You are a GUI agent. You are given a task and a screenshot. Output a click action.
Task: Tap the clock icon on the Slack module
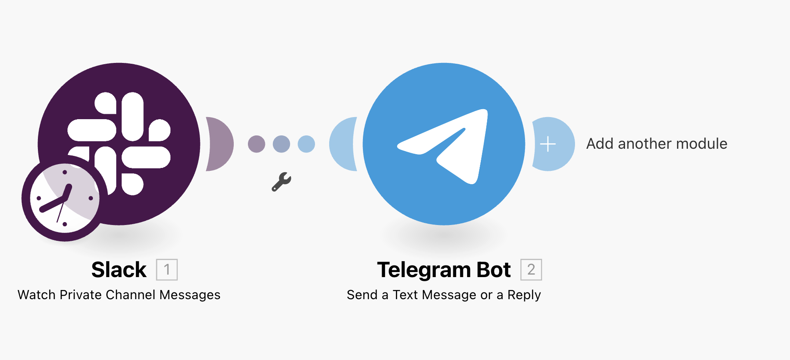[65, 198]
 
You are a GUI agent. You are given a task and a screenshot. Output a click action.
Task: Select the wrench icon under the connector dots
[281, 182]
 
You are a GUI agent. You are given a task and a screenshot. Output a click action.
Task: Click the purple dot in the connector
[256, 144]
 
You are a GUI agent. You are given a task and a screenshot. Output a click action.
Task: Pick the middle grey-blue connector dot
[281, 144]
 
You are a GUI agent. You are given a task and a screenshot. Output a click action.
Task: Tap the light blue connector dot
[306, 144]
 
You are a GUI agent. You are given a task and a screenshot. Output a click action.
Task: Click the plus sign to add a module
[548, 144]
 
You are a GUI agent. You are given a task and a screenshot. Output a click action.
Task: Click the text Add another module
[657, 144]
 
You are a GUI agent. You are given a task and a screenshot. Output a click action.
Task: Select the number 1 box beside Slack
[167, 270]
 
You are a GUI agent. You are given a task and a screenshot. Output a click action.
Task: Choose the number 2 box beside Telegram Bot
[531, 270]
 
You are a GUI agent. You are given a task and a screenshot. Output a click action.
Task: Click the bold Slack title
[119, 270]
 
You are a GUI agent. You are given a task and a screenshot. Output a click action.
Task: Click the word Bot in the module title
[494, 270]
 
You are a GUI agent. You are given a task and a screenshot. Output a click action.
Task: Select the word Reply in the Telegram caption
[524, 295]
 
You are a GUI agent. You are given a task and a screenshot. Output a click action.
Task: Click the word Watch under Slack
[36, 295]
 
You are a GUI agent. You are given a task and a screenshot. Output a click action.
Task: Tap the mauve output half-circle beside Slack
[220, 144]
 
